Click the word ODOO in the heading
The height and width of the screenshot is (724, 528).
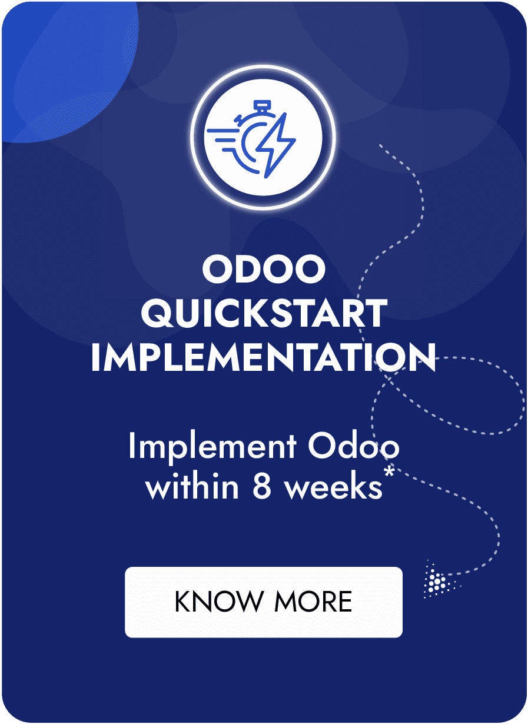(x=263, y=268)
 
